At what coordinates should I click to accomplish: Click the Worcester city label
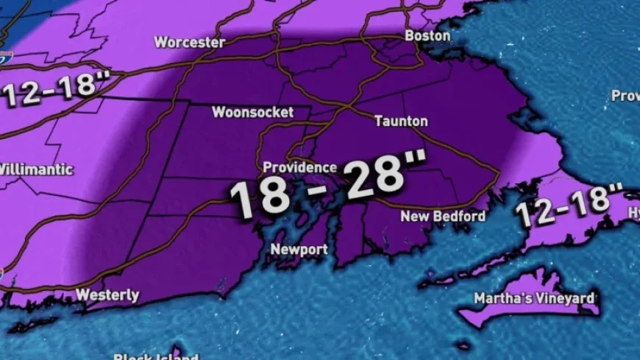point(189,42)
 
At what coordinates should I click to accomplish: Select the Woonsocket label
point(252,113)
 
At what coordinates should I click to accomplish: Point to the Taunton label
point(401,121)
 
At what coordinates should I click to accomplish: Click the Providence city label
point(299,167)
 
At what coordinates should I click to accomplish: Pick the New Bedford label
point(443,216)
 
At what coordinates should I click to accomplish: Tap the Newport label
point(299,250)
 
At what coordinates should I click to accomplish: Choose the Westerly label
point(107,295)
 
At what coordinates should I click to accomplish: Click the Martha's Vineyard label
point(533,298)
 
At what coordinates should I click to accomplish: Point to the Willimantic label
point(37,169)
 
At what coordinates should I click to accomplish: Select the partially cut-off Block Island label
point(155,357)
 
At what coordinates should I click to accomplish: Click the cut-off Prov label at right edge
point(625,96)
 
